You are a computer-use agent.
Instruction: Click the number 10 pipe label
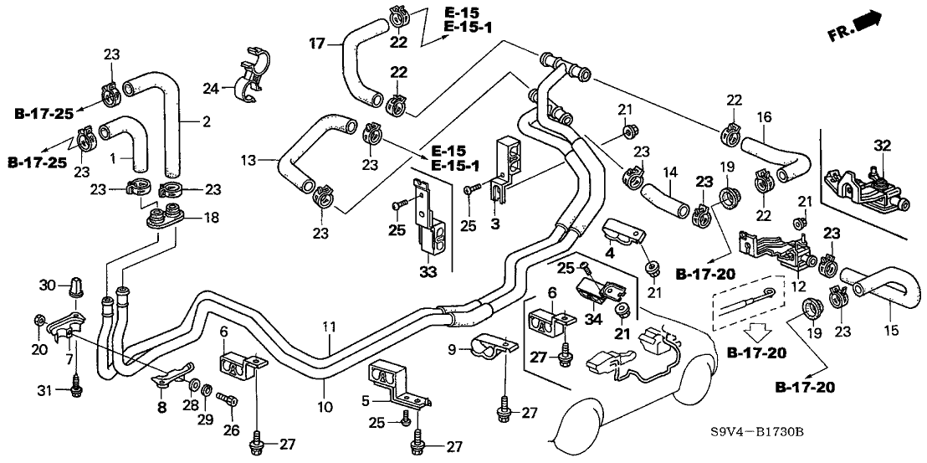point(325,407)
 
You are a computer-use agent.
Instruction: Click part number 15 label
point(892,331)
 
